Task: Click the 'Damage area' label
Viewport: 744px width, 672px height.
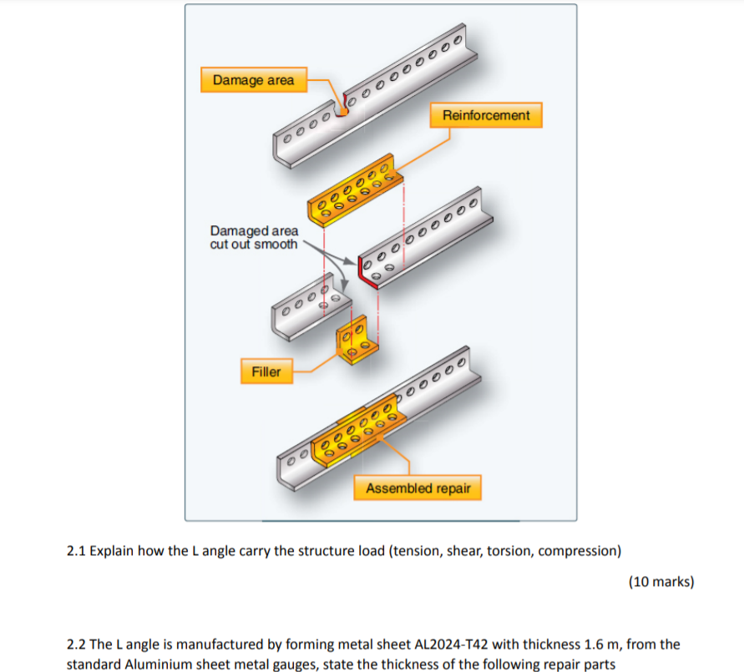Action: (253, 80)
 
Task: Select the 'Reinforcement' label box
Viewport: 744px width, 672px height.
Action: (486, 115)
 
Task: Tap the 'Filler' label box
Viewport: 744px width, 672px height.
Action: (266, 371)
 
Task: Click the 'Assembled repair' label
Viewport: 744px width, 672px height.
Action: (418, 488)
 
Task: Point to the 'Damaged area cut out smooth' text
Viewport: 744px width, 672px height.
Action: (254, 237)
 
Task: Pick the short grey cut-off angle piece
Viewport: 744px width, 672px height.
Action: (306, 312)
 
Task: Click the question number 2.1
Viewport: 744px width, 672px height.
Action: (76, 551)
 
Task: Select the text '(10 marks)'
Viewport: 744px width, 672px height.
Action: (660, 582)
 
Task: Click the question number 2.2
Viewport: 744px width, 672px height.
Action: (76, 644)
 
